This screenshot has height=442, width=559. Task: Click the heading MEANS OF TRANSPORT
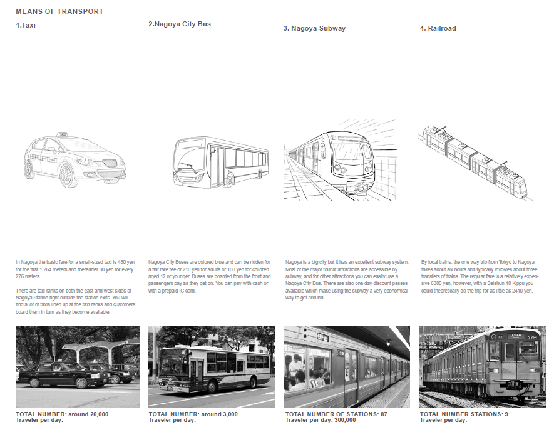pyautogui.click(x=59, y=11)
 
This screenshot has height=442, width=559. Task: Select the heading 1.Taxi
pyautogui.click(x=26, y=26)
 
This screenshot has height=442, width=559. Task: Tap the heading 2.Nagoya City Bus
pyautogui.click(x=180, y=24)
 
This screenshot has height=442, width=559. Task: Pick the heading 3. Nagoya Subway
pyautogui.click(x=314, y=28)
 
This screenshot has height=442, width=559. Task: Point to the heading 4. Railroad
pyautogui.click(x=438, y=28)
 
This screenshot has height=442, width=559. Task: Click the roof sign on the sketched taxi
pyautogui.click(x=63, y=134)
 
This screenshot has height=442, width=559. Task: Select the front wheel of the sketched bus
pyautogui.click(x=230, y=179)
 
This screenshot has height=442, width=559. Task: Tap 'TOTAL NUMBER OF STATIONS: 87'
pyautogui.click(x=336, y=414)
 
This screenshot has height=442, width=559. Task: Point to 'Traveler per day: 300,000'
pyautogui.click(x=321, y=420)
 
